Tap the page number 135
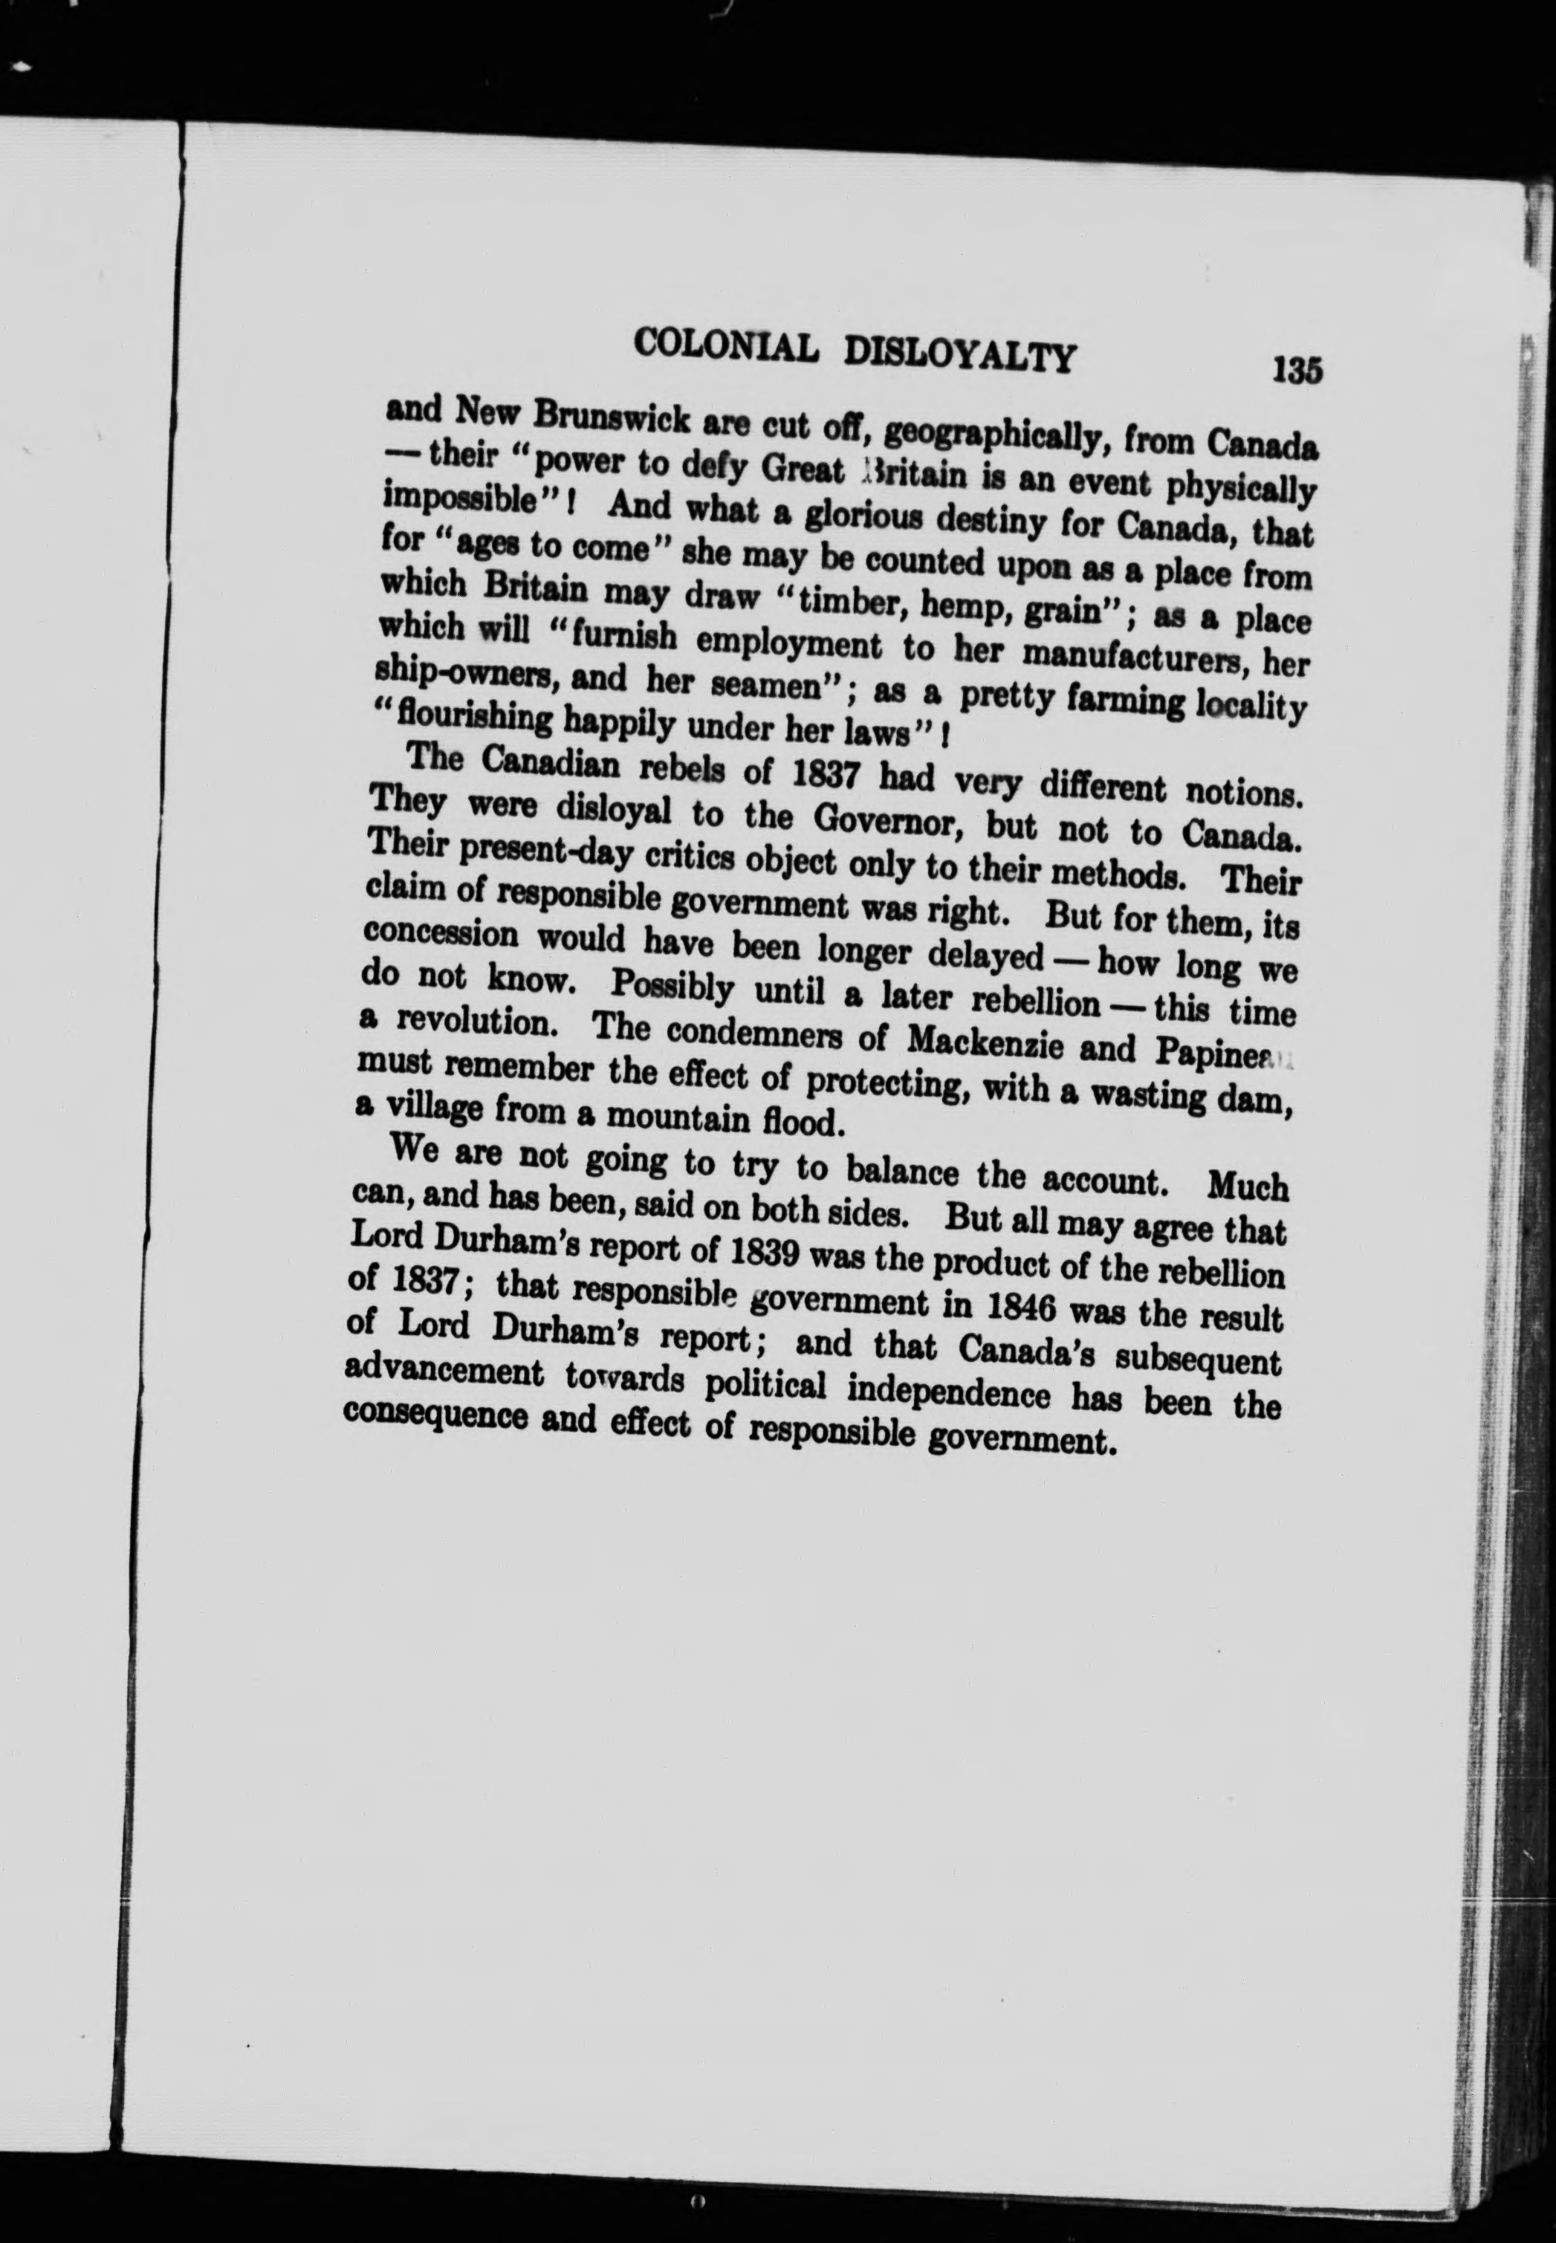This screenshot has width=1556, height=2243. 1294,371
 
